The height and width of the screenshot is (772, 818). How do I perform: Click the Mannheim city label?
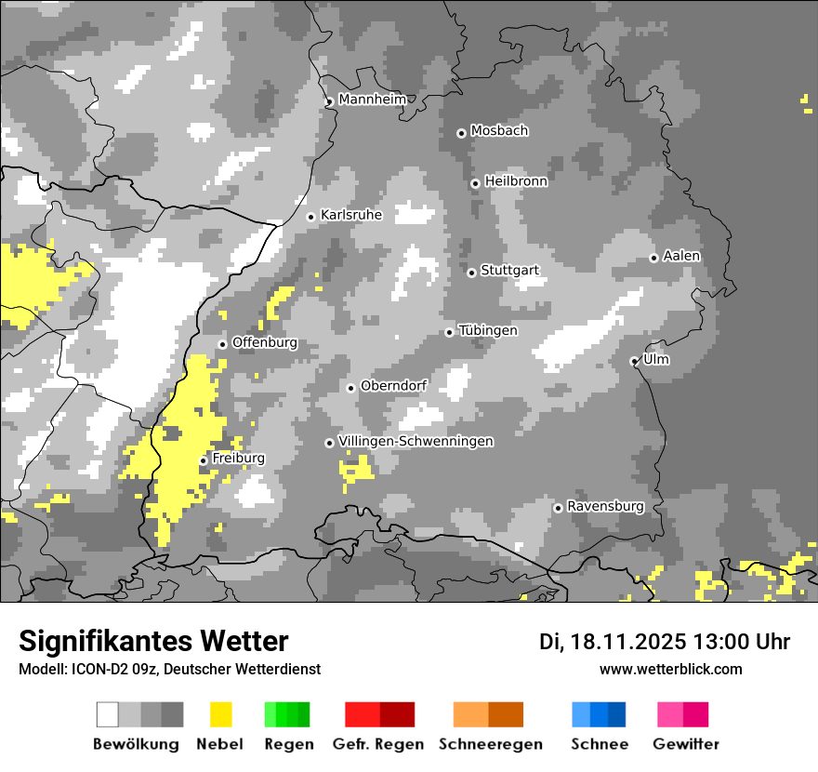(373, 100)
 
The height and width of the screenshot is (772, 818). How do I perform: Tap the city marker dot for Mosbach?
(461, 133)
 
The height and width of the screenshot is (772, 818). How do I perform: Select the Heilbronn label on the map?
(516, 181)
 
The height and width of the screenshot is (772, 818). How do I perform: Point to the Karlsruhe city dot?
(311, 217)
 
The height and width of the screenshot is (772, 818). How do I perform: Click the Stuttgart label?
(509, 271)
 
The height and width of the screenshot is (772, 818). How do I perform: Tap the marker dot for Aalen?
(653, 258)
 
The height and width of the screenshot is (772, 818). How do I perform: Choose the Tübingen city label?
(488, 330)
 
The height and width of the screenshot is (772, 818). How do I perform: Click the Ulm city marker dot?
(634, 361)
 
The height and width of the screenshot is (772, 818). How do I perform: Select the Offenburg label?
(265, 342)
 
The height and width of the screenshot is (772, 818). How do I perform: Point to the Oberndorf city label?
(393, 386)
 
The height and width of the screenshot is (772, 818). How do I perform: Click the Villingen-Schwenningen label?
(416, 441)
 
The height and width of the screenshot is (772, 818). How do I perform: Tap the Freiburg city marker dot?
(203, 460)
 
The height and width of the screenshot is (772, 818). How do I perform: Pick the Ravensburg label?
(605, 507)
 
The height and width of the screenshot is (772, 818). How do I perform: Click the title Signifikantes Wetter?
(153, 642)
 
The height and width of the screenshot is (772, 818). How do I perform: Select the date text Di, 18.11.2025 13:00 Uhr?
(665, 642)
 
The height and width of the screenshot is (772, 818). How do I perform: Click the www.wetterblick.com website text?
(670, 670)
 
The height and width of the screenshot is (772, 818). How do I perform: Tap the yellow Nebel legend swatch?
(221, 714)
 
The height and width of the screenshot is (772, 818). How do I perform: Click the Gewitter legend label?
(686, 744)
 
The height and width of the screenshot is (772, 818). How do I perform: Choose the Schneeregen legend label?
(491, 744)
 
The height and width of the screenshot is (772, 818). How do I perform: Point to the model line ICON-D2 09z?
(169, 670)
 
